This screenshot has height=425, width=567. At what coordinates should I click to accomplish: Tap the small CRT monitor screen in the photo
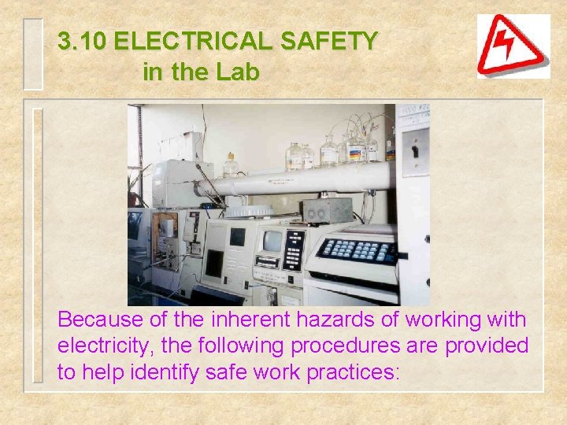point(272,242)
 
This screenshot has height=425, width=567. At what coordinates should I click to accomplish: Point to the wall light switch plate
point(415,152)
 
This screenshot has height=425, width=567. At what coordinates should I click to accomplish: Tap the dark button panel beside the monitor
point(294,249)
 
